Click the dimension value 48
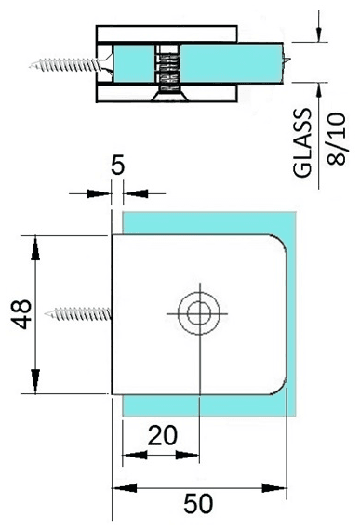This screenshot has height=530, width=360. coord(22,314)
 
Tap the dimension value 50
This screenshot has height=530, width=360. coord(198,504)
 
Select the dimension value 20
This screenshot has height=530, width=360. coord(162,435)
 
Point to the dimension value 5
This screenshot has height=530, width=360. coord(117,166)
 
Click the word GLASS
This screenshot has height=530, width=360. coord(302,142)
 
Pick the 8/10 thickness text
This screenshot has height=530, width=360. coord(337,139)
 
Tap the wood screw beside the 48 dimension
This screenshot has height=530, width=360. coord(78,314)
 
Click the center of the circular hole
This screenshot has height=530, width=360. coord(199,313)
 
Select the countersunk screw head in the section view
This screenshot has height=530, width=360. coord(169,97)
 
